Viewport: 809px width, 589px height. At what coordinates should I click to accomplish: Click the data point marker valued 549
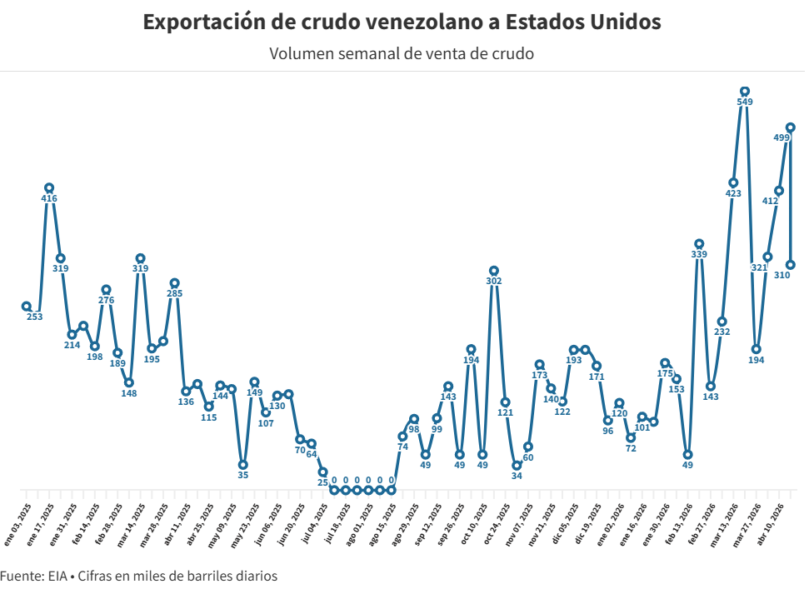[745, 91]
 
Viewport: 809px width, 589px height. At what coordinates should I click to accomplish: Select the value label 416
[49, 198]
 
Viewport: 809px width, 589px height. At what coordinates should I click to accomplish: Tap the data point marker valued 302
[494, 271]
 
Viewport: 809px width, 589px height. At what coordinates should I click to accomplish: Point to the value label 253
[34, 317]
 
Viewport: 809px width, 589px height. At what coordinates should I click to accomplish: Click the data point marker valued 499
[791, 127]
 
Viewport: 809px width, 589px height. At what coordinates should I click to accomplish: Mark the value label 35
[243, 475]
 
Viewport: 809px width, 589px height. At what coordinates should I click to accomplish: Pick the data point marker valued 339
[699, 244]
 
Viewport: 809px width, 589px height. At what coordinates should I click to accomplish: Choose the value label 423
[733, 193]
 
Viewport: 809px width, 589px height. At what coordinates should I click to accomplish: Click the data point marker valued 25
[323, 472]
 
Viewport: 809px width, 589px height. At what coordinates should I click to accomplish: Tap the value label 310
[782, 275]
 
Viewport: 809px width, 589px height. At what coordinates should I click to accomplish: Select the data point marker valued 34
[517, 466]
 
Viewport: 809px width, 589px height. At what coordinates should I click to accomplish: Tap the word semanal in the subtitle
[370, 54]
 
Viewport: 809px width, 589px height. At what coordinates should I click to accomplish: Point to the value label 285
[174, 293]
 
